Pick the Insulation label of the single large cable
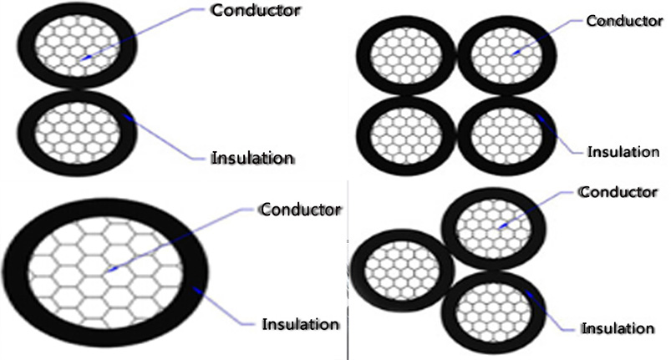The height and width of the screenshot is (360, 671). [302, 323]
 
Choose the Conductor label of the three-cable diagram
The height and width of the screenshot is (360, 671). [618, 192]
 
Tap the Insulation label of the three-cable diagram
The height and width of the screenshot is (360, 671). [618, 327]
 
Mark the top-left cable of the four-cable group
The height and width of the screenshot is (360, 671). [404, 54]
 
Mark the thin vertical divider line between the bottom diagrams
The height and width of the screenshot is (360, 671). [347, 276]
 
